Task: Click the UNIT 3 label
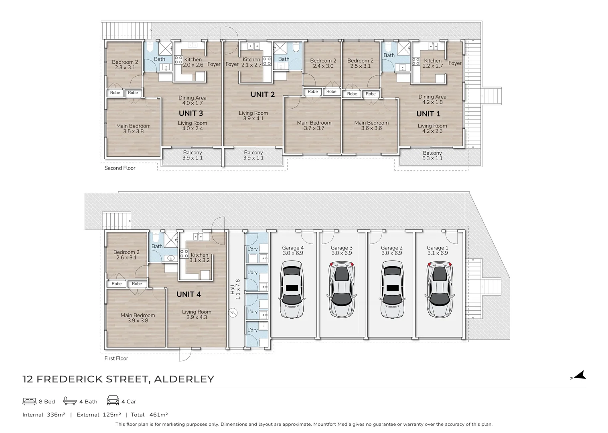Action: click(191, 113)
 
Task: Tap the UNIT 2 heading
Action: click(262, 94)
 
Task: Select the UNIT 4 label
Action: click(188, 294)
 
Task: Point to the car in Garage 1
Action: click(440, 289)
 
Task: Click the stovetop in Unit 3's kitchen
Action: click(178, 60)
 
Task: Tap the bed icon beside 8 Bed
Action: click(29, 401)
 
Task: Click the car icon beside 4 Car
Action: click(113, 401)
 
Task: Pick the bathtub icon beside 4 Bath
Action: click(70, 401)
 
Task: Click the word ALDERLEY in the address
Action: click(184, 379)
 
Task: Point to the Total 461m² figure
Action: click(149, 415)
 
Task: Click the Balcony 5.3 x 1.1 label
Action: click(432, 156)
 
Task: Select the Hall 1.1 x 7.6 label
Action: click(235, 289)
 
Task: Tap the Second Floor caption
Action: click(120, 168)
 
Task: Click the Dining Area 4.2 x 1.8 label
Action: click(432, 99)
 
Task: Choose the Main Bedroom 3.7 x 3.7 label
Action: click(314, 125)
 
